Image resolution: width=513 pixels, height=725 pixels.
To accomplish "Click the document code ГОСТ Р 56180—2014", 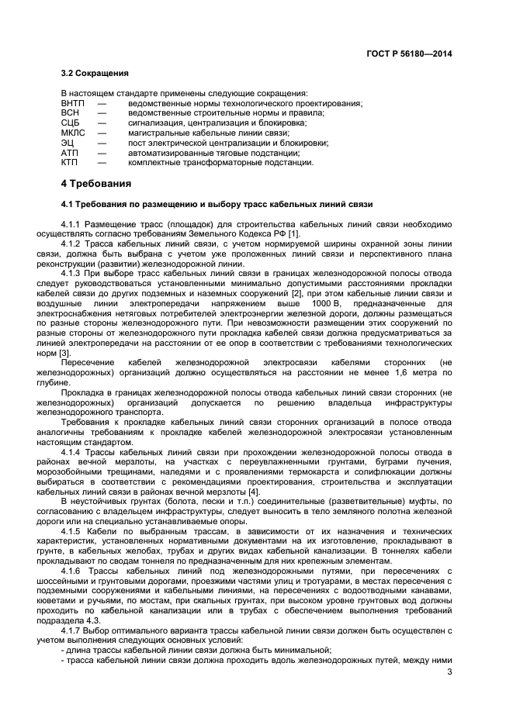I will click(409, 54).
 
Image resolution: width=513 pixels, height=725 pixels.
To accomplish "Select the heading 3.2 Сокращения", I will click(95, 74).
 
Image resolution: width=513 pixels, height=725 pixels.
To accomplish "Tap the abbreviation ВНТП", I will click(73, 103).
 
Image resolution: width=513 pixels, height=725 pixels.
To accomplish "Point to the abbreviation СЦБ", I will click(70, 123).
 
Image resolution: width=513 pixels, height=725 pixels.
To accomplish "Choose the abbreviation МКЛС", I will click(73, 133).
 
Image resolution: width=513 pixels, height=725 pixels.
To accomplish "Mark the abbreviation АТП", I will click(70, 153).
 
